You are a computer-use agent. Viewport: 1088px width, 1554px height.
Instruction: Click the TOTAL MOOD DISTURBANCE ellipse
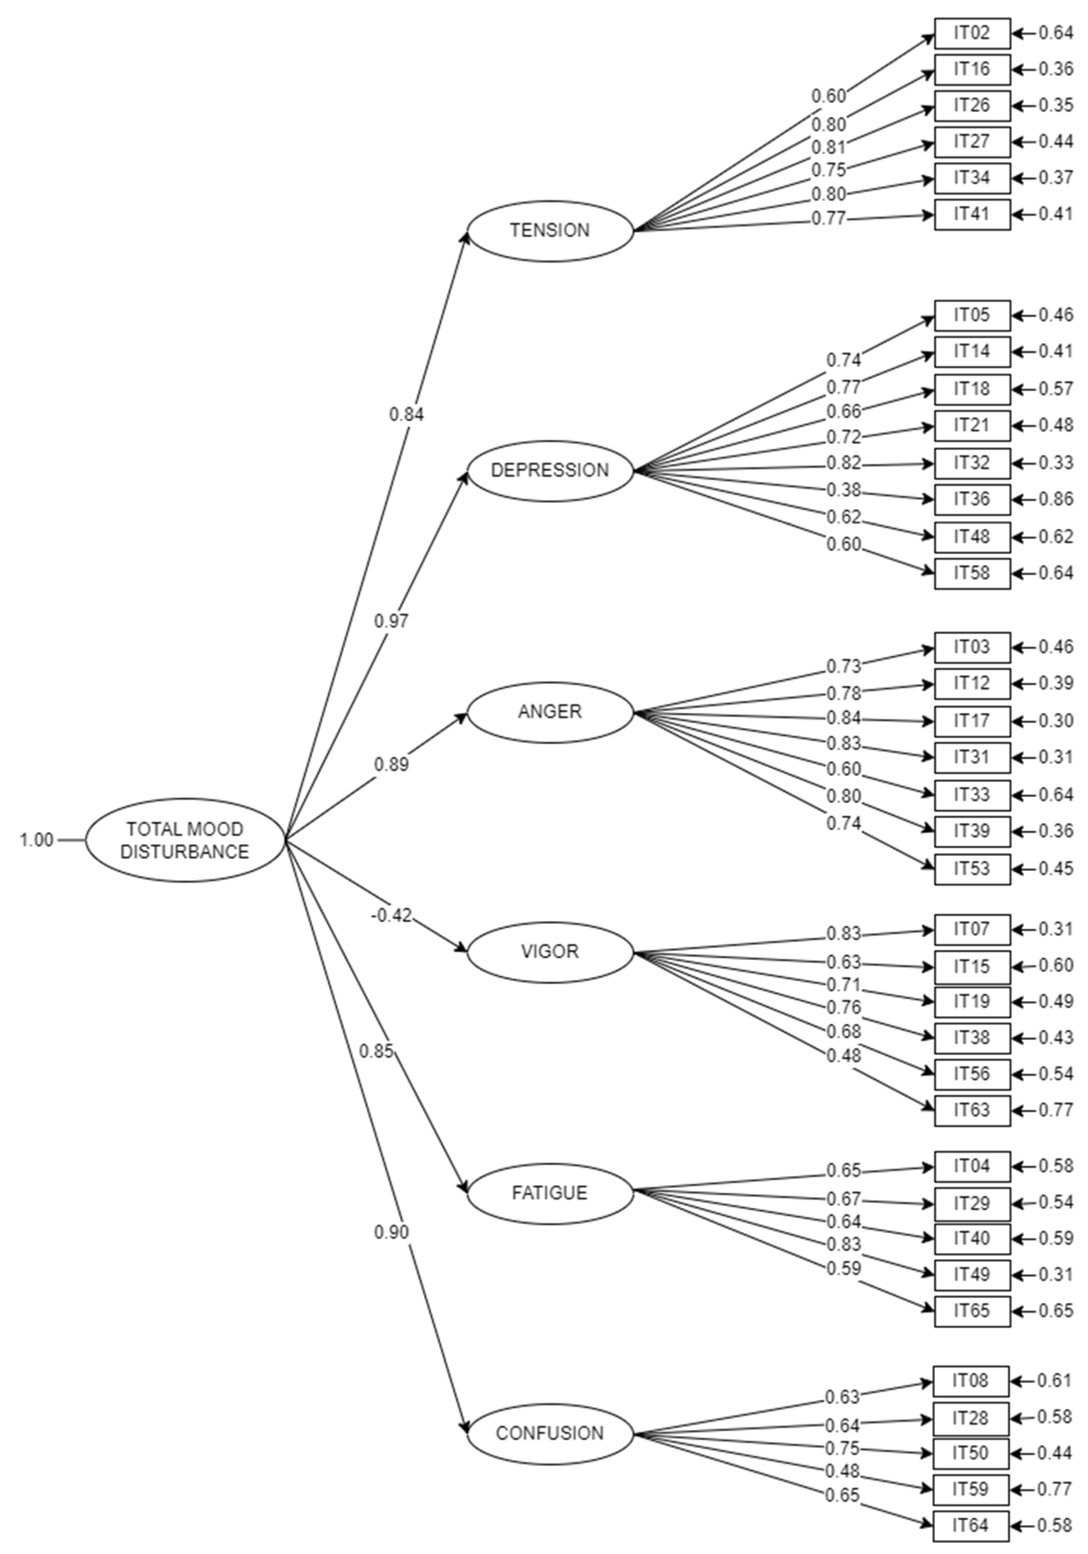[184, 840]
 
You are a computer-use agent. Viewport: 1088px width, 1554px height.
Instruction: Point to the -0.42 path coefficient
[391, 916]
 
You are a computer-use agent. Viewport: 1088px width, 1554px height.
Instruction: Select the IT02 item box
[972, 33]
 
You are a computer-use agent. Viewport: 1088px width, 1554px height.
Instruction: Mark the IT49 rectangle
[972, 1275]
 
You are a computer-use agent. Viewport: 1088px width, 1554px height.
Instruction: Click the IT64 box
[970, 1525]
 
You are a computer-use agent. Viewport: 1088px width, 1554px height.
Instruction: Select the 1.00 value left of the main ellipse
[36, 840]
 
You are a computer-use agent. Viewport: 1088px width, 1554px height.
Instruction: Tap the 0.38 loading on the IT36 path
[843, 489]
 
